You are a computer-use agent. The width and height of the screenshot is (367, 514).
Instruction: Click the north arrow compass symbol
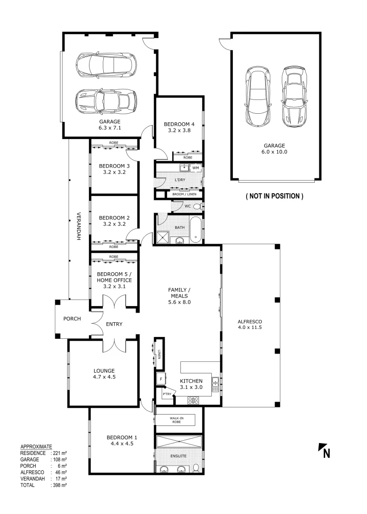tap(324, 450)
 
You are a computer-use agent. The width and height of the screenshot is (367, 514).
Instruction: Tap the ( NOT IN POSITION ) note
tap(274, 196)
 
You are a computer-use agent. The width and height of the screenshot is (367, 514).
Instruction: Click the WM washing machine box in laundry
tap(195, 168)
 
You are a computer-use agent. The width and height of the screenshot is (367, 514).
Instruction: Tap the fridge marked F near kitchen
tap(160, 379)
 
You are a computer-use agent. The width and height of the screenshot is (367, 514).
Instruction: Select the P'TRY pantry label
tap(167, 394)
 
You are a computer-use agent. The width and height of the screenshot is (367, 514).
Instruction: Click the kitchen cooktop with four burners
tap(193, 400)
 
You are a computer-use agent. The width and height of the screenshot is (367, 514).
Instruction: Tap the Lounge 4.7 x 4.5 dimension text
tap(104, 376)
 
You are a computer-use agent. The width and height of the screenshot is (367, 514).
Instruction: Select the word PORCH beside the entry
tap(72, 319)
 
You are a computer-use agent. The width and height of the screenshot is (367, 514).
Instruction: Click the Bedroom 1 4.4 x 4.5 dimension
tap(122, 444)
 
